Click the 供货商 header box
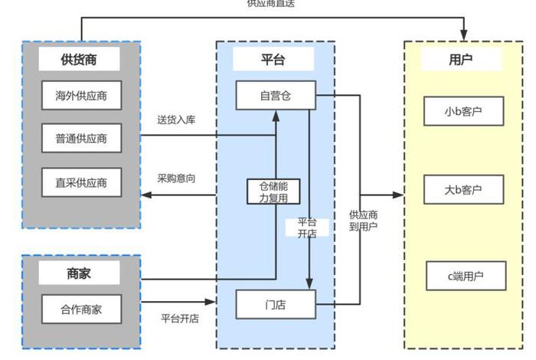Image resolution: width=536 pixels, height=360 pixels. [80, 59]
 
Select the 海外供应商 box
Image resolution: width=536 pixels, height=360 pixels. [81, 97]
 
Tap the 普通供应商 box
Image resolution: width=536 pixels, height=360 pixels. [81, 139]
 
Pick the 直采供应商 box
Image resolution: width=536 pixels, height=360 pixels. [81, 182]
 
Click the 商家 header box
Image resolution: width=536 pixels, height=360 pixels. [80, 273]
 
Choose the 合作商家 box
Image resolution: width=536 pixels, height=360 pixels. [81, 309]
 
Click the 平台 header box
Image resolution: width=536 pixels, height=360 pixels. [273, 59]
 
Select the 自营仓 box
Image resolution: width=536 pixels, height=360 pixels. [276, 96]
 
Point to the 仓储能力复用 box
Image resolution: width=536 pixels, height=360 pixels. [273, 191]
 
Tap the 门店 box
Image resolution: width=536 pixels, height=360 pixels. [276, 304]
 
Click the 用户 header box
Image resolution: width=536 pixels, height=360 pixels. [461, 59]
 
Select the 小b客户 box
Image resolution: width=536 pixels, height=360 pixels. [464, 113]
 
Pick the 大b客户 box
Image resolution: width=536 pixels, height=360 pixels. [464, 188]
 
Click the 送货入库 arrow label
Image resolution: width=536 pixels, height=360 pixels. [177, 119]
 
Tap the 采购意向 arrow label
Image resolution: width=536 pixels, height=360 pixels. [177, 178]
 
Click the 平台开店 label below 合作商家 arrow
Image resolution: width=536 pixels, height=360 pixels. [180, 319]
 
